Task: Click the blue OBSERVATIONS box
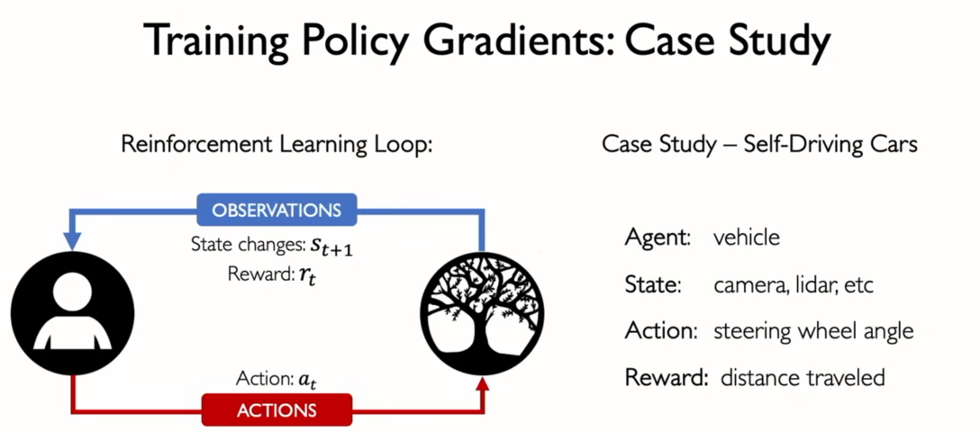[x=277, y=210]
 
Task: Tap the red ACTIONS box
[x=277, y=410]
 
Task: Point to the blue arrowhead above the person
[x=72, y=240]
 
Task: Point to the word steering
[x=750, y=331]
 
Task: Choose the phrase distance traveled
[x=803, y=377]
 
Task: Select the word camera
[x=747, y=286]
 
